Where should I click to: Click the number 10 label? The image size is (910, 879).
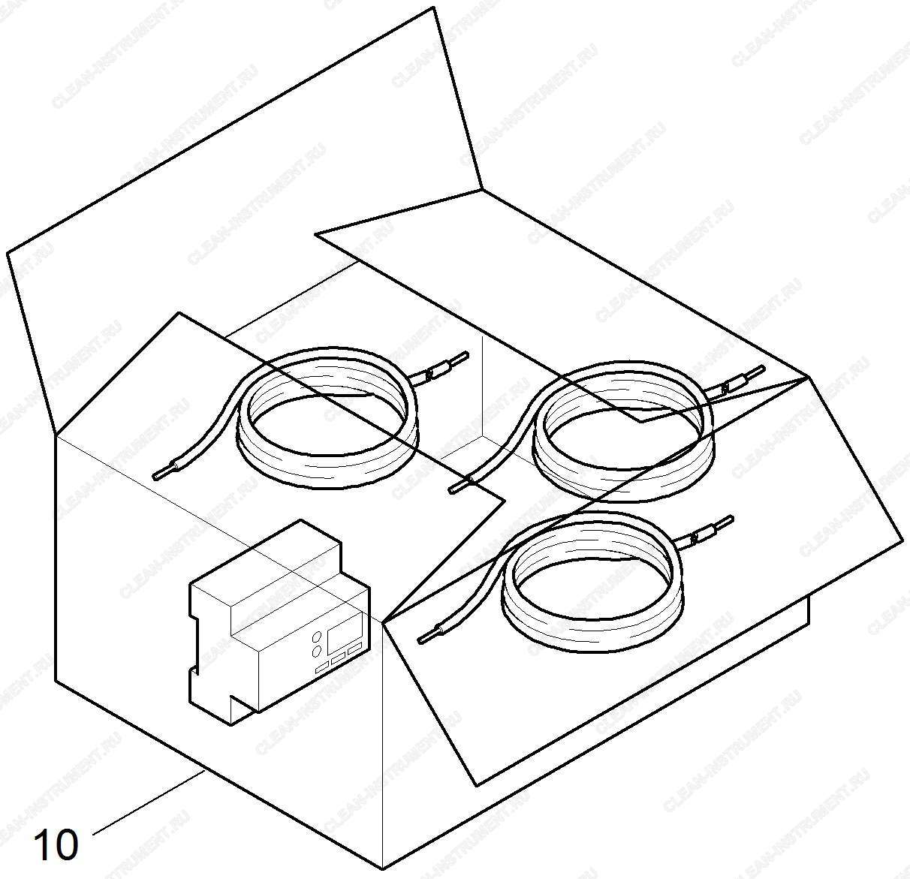point(56,844)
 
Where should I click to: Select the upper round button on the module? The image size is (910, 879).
point(317,637)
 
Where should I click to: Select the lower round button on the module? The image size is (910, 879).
point(317,652)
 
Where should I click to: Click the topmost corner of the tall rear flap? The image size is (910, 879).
point(433,7)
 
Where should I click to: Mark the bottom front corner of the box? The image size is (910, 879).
point(383,870)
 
